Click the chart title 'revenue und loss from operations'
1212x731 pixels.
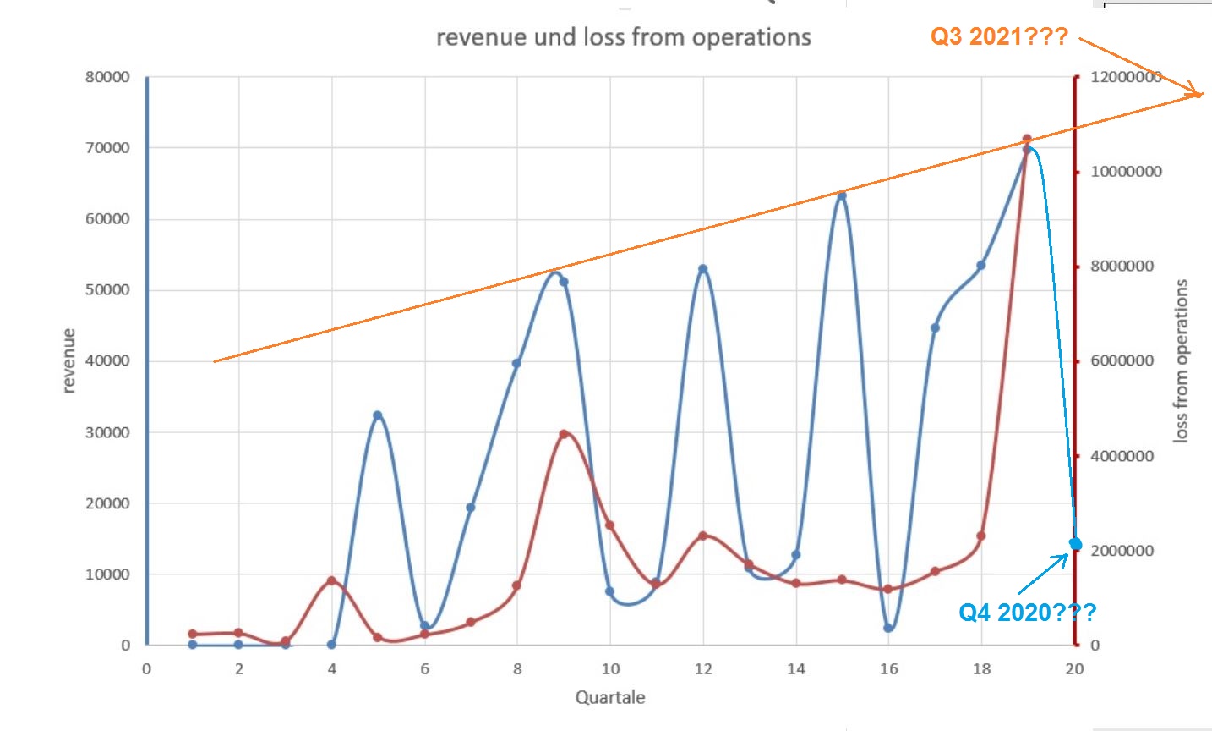click(623, 37)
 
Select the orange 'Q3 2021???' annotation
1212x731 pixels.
click(999, 36)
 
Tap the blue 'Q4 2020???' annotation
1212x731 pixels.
click(1027, 612)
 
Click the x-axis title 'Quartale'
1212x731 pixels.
click(610, 697)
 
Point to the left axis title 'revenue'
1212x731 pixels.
click(68, 360)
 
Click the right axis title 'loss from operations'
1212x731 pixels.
click(1181, 360)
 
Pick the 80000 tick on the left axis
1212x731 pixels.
click(107, 77)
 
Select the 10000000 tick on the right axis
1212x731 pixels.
click(1126, 172)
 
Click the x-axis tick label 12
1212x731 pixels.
click(703, 668)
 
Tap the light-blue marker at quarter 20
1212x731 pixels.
click(1075, 543)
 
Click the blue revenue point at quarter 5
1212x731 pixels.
click(378, 415)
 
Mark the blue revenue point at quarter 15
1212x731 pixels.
click(842, 196)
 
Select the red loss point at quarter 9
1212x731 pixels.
click(564, 434)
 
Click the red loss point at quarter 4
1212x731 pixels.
click(331, 580)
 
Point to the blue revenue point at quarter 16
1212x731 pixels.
click(888, 628)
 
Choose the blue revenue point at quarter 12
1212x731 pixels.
click(703, 269)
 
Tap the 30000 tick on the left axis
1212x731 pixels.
click(107, 432)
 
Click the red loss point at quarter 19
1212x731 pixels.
click(1027, 139)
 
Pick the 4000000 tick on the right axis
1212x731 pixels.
click(1122, 456)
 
